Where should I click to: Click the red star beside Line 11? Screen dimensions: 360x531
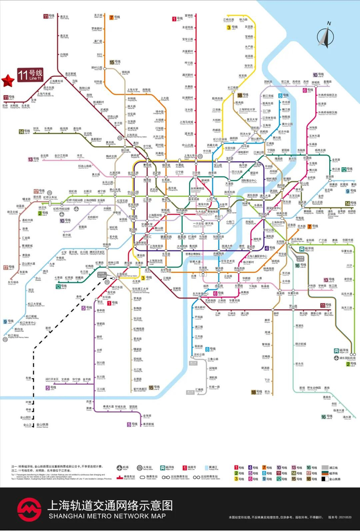(x=8, y=81)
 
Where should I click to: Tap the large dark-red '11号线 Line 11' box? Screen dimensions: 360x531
(x=30, y=75)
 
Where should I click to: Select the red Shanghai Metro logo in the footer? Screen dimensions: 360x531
(x=29, y=508)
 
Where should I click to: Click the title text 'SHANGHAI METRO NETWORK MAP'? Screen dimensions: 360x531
(x=106, y=516)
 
